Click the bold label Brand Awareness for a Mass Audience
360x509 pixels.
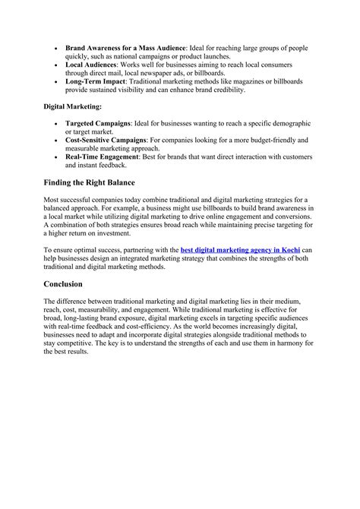click(x=125, y=48)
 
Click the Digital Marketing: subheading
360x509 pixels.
click(x=72, y=107)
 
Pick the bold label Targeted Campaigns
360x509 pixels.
click(x=98, y=123)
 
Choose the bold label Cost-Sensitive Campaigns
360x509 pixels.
click(x=112, y=140)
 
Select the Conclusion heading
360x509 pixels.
click(x=68, y=283)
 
